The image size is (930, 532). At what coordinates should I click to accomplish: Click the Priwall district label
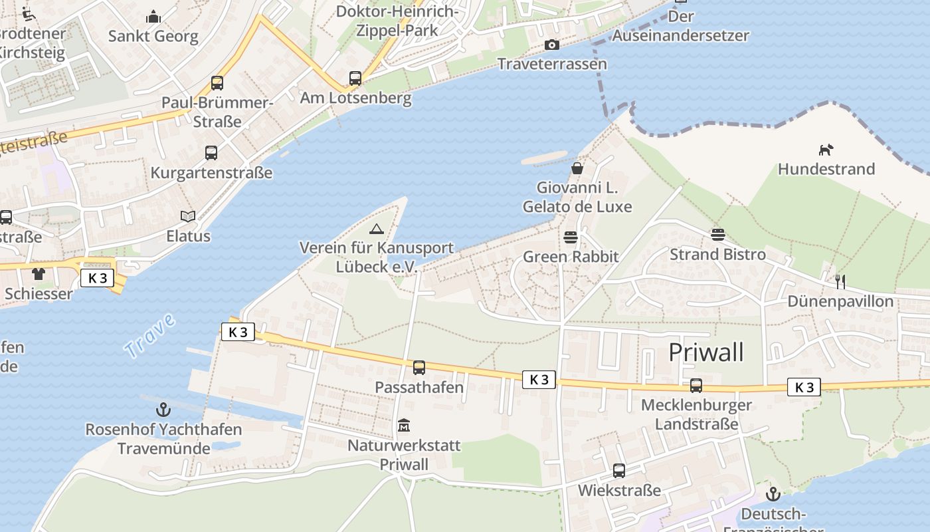coord(705,352)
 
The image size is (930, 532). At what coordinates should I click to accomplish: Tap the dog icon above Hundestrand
coord(826,150)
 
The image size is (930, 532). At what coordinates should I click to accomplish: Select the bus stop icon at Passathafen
coord(418,367)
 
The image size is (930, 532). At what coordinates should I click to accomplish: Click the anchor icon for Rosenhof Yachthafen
coord(163,410)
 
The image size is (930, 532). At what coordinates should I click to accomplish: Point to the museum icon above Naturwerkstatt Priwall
coord(403,425)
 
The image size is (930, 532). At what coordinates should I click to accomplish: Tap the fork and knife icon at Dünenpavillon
coord(840,281)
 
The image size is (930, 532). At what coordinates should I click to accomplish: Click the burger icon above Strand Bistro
coord(717,234)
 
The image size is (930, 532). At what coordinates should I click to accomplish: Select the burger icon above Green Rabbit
coord(570,237)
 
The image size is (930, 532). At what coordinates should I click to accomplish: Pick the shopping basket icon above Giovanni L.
coord(577,168)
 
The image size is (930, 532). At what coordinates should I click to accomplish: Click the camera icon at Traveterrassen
coord(551,45)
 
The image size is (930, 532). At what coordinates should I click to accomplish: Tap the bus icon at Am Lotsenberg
coord(355,78)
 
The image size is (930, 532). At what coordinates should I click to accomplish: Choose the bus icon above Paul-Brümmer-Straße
coord(217,83)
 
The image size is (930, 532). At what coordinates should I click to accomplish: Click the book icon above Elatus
coord(188,216)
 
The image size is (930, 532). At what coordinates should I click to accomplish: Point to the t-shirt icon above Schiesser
coord(39,273)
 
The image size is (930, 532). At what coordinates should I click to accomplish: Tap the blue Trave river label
coord(150,336)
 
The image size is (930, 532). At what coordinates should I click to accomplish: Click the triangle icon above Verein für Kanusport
coord(377,229)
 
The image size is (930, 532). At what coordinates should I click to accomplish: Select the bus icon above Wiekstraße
coord(619,471)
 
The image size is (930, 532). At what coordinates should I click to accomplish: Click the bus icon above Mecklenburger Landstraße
coord(696,385)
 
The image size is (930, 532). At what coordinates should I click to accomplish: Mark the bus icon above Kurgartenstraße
coord(211,153)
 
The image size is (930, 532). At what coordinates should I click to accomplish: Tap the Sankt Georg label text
coord(153,36)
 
